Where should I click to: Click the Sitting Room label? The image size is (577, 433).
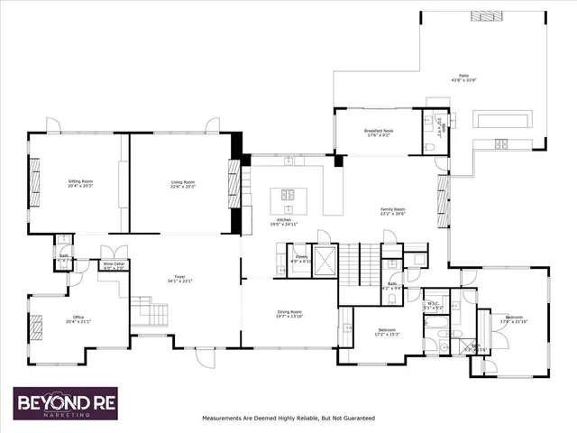tap(81, 181)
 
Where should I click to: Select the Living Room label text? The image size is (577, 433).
tap(183, 181)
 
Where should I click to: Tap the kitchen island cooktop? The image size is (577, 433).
tap(291, 194)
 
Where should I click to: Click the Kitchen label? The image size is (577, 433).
tap(285, 220)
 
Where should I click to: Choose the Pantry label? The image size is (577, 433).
tap(302, 257)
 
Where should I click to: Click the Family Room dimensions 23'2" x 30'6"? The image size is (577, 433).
tap(393, 215)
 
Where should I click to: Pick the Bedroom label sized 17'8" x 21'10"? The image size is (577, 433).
tap(514, 318)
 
